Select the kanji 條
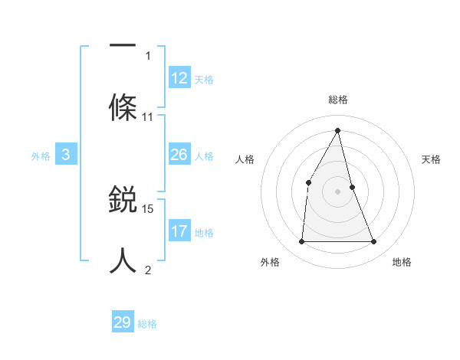pos(123,106)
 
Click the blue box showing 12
pos(179,78)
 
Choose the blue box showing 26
pos(179,155)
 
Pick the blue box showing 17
pos(179,231)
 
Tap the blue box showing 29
pos(123,322)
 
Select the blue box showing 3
pos(66,155)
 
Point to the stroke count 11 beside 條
pos(148,117)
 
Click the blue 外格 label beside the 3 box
pos(41,156)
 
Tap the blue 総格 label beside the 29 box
pos(147,324)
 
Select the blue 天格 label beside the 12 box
pos(204,80)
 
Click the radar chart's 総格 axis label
pos(338,100)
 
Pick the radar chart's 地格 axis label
pos(402,262)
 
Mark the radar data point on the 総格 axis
pos(338,130)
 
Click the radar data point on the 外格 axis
pos(301,242)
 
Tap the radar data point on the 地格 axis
pos(374,242)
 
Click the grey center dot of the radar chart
pos(338,191)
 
